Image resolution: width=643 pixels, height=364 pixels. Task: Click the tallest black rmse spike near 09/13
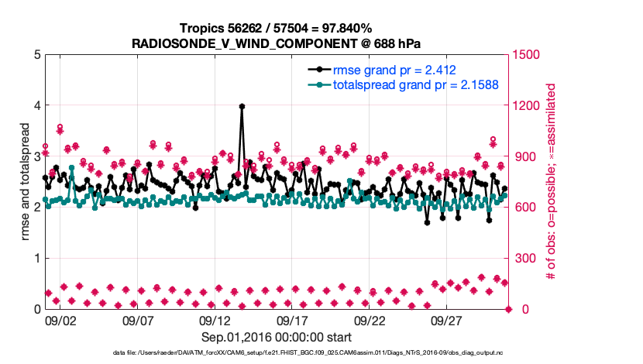(x=242, y=107)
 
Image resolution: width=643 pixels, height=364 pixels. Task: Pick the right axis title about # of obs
(x=552, y=181)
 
